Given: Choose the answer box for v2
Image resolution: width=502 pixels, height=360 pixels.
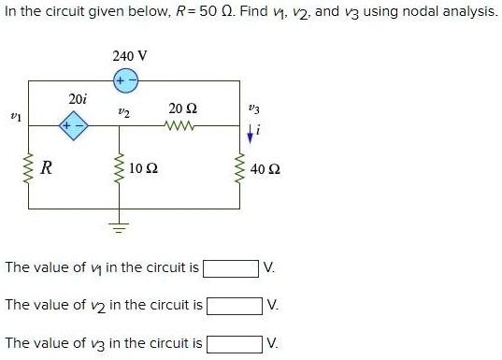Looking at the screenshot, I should coord(234,306).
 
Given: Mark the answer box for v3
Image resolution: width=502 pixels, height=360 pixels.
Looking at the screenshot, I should coord(234,343).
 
